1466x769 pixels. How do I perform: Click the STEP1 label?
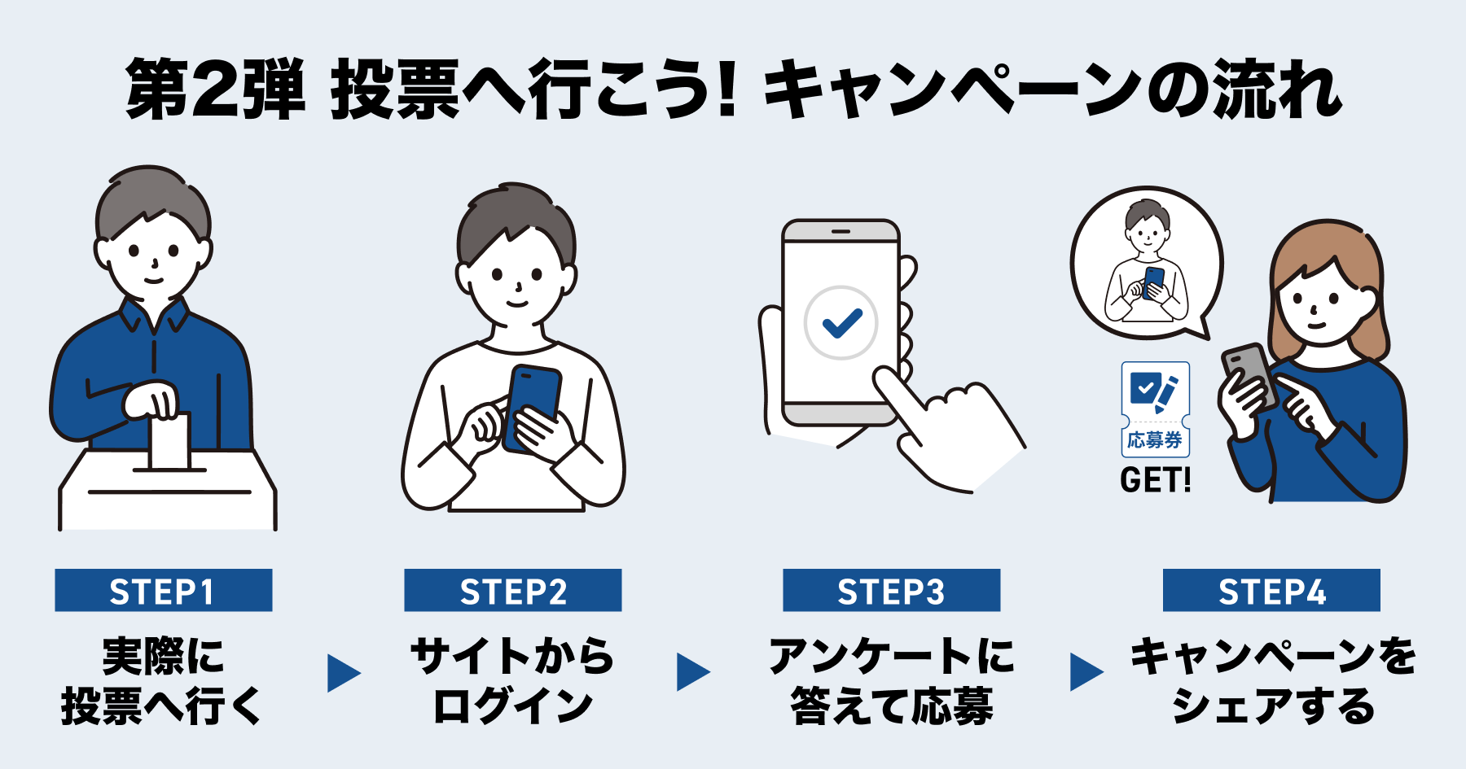coord(163,590)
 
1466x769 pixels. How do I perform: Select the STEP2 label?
coord(512,590)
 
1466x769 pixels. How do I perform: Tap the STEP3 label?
coord(891,590)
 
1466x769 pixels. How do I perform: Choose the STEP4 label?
coord(1271,590)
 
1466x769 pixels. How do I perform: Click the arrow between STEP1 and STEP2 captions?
coord(343,673)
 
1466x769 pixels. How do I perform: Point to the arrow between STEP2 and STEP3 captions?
coord(692,673)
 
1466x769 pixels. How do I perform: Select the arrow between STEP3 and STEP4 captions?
coord(1086,672)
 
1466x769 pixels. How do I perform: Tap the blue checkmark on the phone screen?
coord(841,323)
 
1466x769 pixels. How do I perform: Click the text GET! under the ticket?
coord(1155,480)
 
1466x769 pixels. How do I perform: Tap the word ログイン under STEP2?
coord(512,706)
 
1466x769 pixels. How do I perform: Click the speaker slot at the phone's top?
coord(841,232)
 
